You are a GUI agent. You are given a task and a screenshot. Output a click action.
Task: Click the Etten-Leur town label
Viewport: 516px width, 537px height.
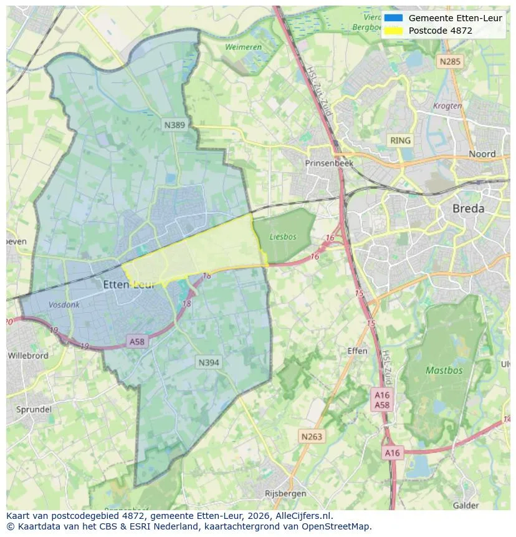128,284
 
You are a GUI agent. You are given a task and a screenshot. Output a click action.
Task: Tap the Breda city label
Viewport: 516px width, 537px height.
468,208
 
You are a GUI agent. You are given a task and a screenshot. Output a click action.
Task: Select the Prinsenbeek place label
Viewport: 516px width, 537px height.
329,163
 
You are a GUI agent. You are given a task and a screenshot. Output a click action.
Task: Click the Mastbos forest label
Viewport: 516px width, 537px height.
444,370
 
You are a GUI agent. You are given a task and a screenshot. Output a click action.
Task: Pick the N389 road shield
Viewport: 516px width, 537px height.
174,125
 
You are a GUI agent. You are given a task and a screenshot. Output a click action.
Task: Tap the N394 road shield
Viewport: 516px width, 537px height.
209,362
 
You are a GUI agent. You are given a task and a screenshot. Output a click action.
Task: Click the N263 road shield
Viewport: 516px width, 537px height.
311,436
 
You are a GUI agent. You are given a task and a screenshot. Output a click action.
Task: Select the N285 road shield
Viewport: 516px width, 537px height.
449,61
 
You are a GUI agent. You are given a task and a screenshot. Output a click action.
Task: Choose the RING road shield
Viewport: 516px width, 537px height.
400,140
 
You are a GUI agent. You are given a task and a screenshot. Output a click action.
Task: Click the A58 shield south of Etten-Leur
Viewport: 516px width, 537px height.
136,341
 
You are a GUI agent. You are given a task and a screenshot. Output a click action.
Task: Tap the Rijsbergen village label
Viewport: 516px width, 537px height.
285,493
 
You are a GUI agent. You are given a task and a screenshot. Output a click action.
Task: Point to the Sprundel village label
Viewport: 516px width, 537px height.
33,410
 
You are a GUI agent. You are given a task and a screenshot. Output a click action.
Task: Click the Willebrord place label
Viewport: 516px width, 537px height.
28,356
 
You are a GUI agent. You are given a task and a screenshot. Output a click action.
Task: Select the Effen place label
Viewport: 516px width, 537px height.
357,351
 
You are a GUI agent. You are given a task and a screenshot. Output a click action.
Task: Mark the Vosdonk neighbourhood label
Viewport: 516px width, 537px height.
64,305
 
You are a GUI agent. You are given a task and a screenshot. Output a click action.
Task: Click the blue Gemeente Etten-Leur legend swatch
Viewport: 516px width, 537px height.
393,18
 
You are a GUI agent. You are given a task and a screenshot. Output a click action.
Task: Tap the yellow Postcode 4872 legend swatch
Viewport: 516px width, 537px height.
393,31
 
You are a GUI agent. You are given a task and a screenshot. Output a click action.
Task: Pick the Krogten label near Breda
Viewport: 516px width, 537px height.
447,106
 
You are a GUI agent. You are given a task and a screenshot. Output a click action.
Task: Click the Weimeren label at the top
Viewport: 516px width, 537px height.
243,47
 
